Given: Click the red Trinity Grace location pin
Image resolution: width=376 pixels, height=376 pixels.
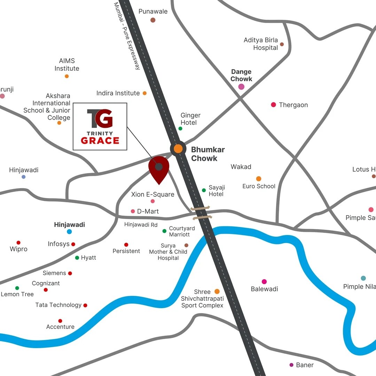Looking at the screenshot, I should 159,169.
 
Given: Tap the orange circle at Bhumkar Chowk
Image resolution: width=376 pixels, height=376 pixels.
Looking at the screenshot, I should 178,149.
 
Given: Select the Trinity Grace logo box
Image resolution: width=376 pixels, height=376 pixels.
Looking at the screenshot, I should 100,126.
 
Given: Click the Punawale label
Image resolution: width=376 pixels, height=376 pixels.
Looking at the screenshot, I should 153,11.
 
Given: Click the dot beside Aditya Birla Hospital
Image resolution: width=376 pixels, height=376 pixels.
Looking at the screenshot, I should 282,44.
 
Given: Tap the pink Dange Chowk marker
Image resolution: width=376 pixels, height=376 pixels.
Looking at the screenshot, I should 241,87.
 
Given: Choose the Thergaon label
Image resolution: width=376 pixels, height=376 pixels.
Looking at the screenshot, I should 293,105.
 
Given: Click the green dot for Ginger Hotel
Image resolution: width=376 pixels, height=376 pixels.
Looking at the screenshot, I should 180,128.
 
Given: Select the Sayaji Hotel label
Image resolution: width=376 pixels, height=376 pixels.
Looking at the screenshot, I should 217,191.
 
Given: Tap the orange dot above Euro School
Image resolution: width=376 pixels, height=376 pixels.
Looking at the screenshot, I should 259,179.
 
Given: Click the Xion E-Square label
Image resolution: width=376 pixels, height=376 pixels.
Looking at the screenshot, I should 152,194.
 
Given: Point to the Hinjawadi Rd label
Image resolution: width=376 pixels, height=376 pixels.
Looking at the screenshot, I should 141,225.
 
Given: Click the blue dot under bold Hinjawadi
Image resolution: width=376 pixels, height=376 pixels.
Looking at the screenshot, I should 69,232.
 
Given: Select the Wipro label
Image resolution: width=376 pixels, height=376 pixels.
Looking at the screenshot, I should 18,249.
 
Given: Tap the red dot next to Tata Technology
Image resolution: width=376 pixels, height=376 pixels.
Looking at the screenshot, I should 85,305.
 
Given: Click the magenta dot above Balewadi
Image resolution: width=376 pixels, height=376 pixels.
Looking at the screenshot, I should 264,282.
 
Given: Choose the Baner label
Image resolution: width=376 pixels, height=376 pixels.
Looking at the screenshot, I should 305,365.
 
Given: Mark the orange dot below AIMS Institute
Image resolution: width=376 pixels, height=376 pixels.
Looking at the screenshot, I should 67,76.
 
